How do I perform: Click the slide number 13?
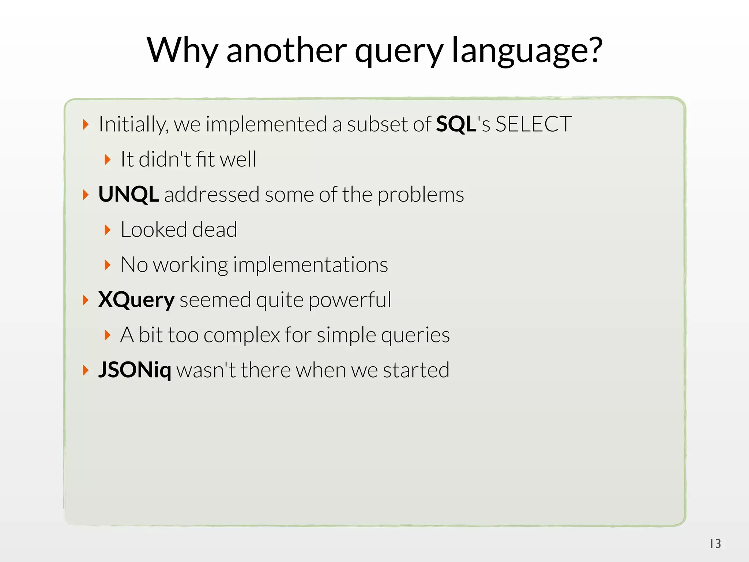point(715,544)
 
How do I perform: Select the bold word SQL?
point(456,124)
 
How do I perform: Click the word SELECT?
point(533,124)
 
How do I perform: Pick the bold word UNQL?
point(128,194)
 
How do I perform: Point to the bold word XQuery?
point(136,300)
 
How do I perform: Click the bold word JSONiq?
point(135,370)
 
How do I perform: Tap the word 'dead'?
point(214,230)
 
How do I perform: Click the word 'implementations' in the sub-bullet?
point(310,265)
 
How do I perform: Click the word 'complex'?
point(241,335)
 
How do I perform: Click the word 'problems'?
point(421,195)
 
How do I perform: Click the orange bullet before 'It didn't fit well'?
point(107,160)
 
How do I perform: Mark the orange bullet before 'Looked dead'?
point(107,230)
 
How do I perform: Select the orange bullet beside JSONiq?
point(85,370)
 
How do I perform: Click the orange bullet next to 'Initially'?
point(85,124)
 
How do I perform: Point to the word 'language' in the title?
point(519,51)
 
